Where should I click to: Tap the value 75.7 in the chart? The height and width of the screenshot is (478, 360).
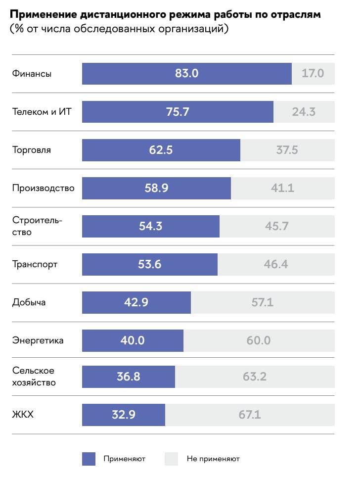tap(178, 112)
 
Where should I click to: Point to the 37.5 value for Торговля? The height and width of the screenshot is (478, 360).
tap(287, 150)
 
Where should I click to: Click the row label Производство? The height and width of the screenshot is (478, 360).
tap(43, 188)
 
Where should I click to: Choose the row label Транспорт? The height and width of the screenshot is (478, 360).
tap(35, 264)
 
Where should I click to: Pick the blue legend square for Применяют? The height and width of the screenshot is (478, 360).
tap(89, 459)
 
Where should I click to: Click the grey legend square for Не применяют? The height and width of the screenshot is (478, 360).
tap(171, 459)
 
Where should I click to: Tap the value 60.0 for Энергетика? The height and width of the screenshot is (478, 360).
tap(258, 340)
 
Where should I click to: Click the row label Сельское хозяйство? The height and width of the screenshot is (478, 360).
tap(34, 377)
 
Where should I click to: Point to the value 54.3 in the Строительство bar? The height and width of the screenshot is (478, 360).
tap(151, 226)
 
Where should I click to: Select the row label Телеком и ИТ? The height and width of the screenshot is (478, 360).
tap(42, 112)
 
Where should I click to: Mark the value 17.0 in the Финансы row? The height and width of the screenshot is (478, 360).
tap(313, 74)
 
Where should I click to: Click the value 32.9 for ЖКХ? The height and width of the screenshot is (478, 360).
tap(123, 415)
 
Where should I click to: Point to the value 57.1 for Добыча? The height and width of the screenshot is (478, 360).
tap(262, 302)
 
